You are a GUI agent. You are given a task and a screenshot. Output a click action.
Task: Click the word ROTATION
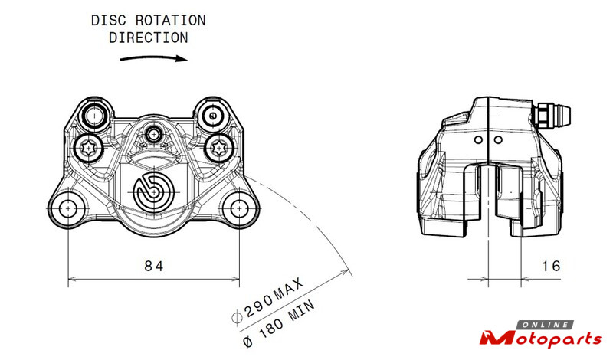coord(170,21)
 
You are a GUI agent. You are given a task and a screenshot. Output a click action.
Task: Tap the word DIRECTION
coord(149,38)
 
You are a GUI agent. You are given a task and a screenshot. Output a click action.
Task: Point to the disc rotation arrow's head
coord(182,59)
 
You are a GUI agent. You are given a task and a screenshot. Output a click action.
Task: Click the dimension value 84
coord(154,267)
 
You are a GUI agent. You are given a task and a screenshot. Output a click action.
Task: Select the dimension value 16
coord(551,267)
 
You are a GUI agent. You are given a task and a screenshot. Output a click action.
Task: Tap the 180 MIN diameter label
coord(278,323)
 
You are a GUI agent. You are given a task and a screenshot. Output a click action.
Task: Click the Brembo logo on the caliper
coord(154,192)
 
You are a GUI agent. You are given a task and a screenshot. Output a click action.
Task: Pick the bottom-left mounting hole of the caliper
coord(68,209)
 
